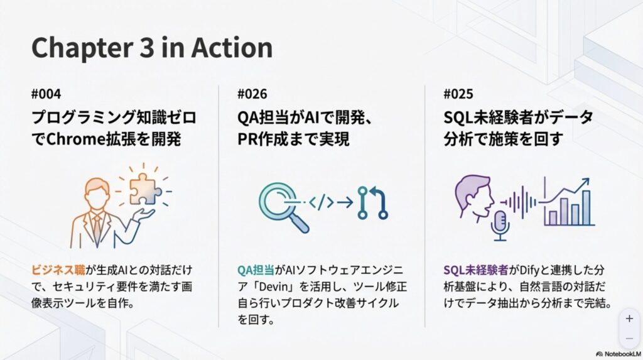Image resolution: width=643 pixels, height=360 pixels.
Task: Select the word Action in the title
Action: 232,48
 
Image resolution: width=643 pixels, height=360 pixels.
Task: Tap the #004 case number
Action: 46,94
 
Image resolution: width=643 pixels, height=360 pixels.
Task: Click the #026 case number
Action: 252,94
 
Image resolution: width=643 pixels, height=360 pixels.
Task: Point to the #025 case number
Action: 458,94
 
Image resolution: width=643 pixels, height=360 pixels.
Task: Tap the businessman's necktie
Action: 97,229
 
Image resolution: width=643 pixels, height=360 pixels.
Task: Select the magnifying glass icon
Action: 283,208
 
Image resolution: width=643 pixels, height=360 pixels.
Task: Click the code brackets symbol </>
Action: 321,202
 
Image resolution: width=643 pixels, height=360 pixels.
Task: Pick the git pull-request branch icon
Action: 372,202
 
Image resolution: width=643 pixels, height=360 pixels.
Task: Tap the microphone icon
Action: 500,226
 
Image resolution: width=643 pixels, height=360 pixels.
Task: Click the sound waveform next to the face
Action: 518,202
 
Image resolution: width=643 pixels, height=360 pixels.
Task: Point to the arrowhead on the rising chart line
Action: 585,182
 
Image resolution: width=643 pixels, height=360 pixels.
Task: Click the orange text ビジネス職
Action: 58,270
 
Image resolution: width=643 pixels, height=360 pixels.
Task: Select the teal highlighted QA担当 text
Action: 256,270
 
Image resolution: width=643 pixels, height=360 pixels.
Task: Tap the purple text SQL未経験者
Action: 476,270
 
